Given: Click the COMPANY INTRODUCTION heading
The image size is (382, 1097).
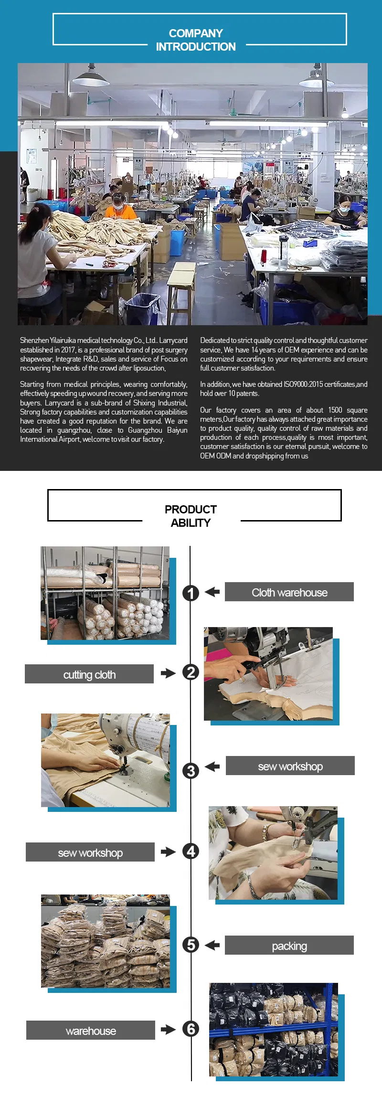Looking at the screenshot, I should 196,40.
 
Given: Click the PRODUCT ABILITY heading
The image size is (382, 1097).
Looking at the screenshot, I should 191,516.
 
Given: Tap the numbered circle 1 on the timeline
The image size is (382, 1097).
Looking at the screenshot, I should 191,593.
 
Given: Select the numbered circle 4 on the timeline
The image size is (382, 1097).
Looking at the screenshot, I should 191,851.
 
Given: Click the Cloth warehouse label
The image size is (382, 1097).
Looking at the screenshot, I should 289,592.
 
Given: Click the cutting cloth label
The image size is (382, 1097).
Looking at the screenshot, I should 89,674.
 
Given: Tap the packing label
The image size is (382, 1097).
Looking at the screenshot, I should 289,946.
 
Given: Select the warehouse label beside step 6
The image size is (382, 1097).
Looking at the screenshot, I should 91,1031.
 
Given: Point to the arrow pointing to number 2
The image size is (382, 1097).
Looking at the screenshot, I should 168,673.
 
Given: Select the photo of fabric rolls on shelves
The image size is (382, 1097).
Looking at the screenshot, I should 105,593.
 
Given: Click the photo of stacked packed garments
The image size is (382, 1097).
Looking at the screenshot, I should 105,941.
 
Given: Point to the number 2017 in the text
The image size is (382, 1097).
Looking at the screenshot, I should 68,350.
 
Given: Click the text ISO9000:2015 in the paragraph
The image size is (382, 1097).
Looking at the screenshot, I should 308,384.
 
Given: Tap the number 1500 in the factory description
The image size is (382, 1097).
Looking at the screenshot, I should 335,410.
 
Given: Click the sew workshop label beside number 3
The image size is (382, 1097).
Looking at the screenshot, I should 290,766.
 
